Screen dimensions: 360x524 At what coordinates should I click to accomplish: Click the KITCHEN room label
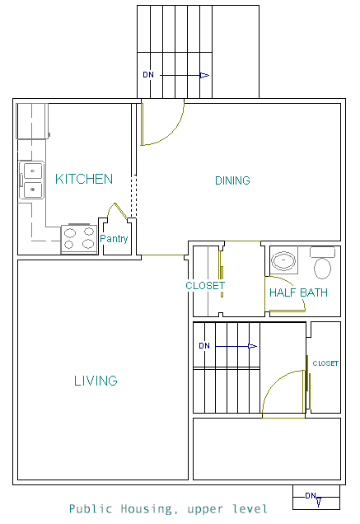click(x=84, y=179)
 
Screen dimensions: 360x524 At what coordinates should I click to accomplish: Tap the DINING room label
click(x=232, y=180)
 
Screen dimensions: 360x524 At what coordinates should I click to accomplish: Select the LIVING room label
click(x=96, y=381)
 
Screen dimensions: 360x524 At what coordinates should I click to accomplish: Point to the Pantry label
click(x=114, y=239)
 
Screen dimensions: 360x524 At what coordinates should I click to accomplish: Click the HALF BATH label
click(x=298, y=292)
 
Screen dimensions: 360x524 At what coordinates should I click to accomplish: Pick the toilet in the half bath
click(x=323, y=263)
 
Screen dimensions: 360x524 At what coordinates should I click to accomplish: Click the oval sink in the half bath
click(x=283, y=260)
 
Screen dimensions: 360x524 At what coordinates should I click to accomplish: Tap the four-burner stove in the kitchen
click(x=79, y=239)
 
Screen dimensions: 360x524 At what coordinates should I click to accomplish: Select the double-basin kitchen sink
click(x=31, y=180)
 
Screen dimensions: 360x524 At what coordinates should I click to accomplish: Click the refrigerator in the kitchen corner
click(x=32, y=121)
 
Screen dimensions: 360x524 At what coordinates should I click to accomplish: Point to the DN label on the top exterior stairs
click(x=148, y=75)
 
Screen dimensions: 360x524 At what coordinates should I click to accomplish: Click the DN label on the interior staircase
click(x=204, y=346)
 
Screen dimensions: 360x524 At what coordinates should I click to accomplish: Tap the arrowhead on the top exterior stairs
click(x=204, y=75)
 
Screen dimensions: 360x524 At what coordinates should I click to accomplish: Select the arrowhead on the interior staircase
click(x=252, y=346)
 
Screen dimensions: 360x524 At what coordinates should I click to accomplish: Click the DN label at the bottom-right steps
click(x=311, y=496)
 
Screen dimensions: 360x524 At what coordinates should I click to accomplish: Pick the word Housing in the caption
click(x=147, y=509)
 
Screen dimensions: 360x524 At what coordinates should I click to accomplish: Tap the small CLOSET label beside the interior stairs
click(x=325, y=363)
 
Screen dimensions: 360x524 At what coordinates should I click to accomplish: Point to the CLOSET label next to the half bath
click(x=205, y=286)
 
